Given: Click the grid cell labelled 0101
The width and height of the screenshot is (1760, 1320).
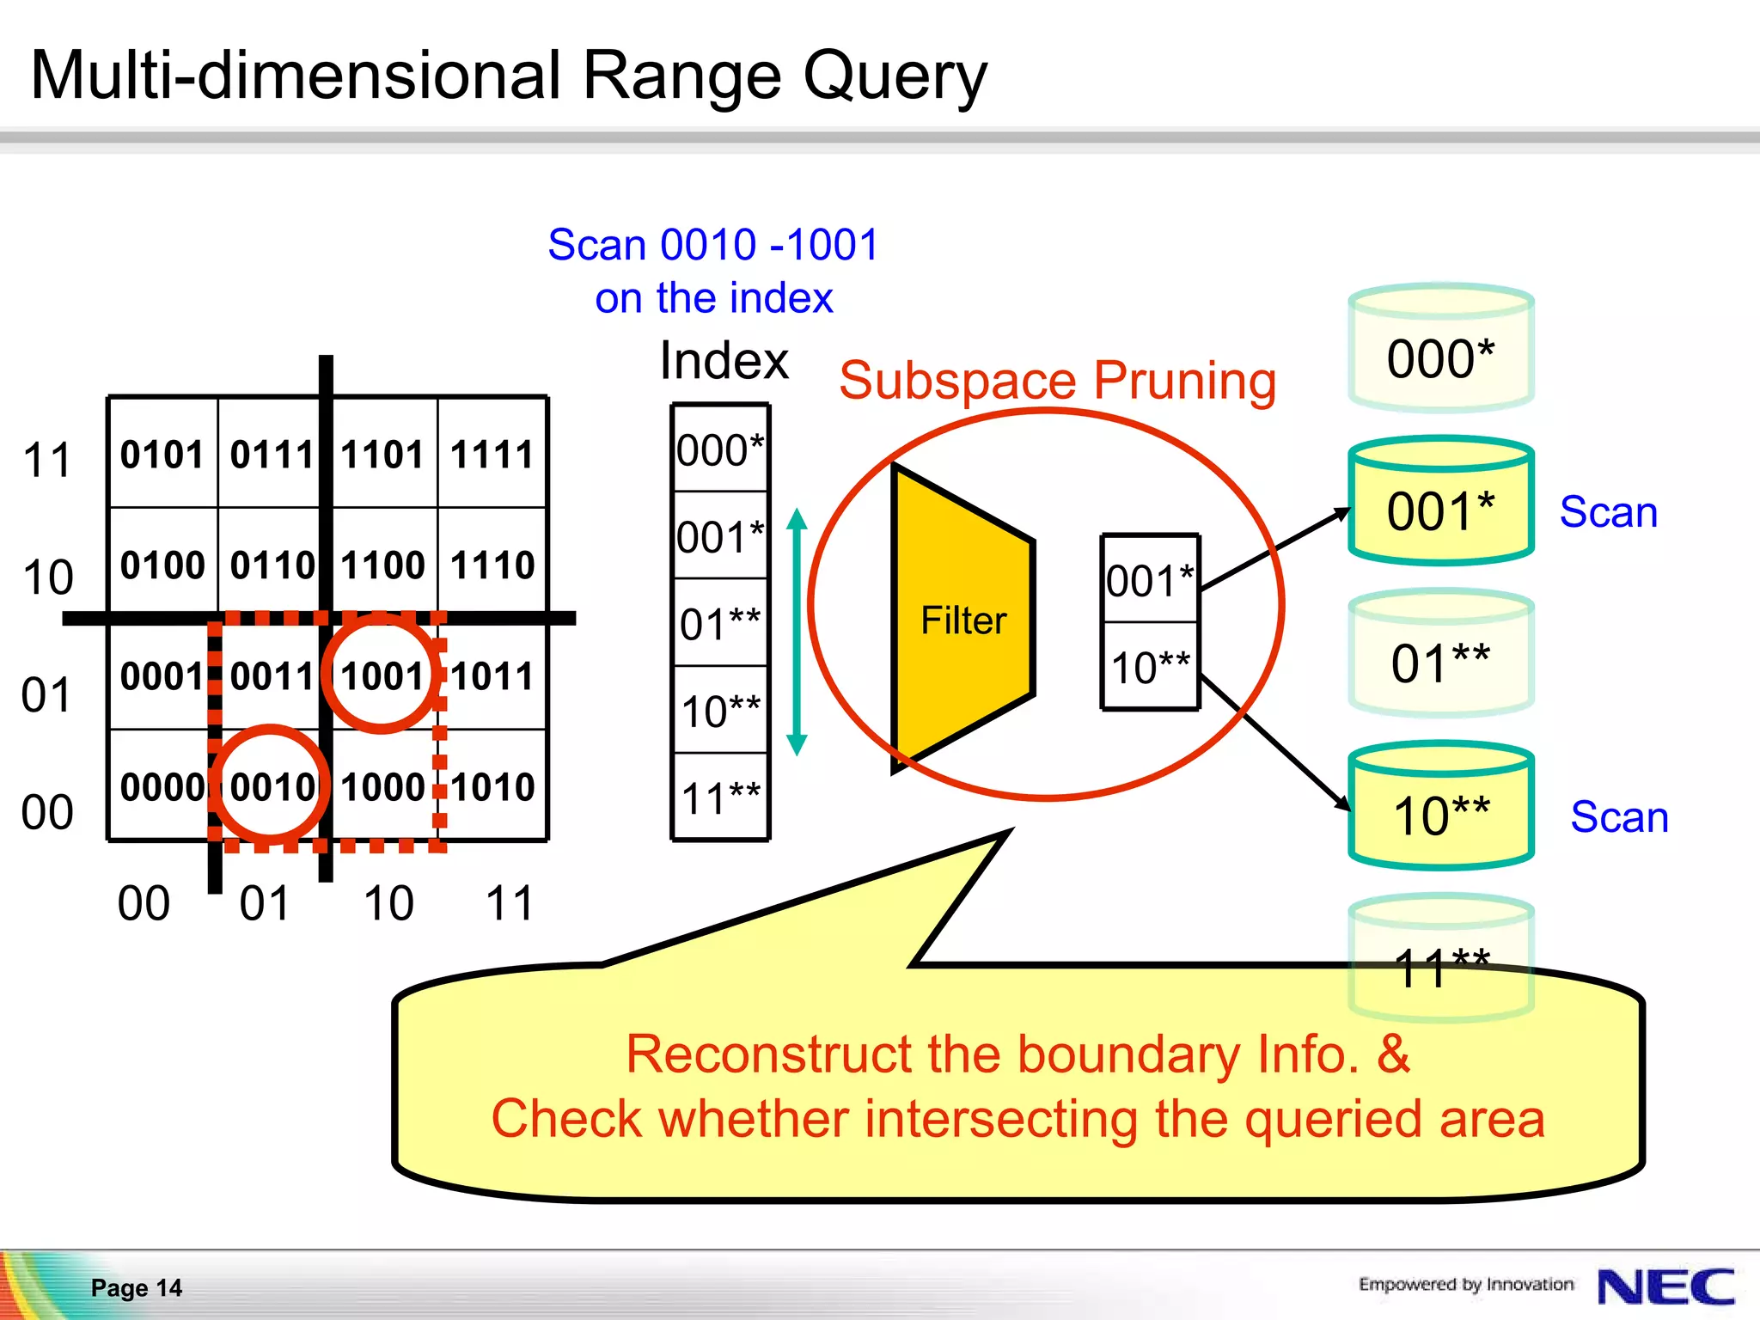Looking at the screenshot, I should point(162,454).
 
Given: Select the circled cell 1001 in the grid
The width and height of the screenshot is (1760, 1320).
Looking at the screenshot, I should point(382,675).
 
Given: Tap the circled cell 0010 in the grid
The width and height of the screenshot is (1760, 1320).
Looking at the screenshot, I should point(272,785).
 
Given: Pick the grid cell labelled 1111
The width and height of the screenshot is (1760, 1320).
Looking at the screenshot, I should point(492,454).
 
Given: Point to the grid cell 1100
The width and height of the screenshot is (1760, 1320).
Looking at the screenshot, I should point(382,565).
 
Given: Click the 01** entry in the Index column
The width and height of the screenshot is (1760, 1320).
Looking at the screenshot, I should point(720,623).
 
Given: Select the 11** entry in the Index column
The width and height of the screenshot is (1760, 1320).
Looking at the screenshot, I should point(720,797).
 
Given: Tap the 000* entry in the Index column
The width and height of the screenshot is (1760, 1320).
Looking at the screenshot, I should point(720,449).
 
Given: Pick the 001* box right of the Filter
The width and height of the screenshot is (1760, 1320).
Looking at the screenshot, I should point(1150,580).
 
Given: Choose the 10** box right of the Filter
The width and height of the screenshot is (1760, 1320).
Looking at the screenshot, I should point(1150,667).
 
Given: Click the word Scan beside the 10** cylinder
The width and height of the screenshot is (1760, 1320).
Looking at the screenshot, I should point(1619,816).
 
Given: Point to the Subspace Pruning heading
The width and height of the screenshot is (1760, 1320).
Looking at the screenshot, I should point(1057,380).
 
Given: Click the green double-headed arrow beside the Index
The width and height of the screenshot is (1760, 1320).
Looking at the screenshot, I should point(797,632).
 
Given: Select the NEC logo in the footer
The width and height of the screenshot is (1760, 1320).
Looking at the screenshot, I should point(1665,1286).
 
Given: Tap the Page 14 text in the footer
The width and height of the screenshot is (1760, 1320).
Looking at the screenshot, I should point(137,1287).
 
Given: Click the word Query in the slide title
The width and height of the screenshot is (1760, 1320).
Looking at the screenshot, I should point(895,77).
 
